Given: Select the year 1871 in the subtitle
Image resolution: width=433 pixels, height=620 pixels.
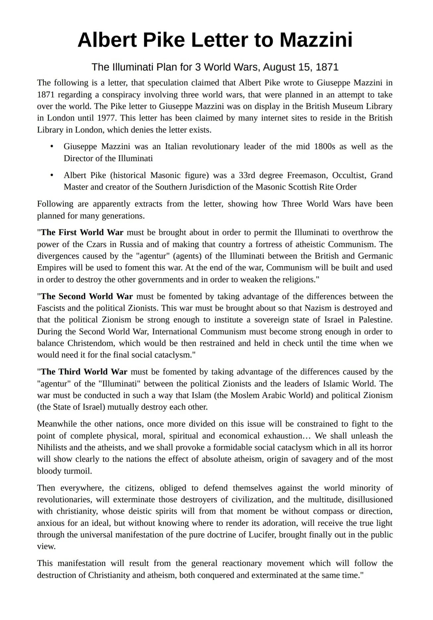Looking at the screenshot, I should [327, 67].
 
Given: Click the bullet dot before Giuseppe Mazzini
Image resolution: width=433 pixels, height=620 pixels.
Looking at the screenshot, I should [51, 146].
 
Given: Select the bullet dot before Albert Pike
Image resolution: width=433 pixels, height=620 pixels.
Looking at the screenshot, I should [51, 175].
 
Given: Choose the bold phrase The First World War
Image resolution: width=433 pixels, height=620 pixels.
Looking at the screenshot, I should [82, 232].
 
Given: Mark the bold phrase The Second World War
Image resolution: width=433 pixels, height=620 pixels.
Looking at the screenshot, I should [87, 296].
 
